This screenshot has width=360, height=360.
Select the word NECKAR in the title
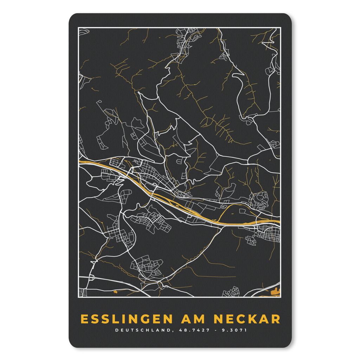(247, 319)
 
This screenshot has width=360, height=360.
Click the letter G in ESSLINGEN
(142, 319)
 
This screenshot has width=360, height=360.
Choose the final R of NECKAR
(276, 319)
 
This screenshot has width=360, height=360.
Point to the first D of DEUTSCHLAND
(116, 330)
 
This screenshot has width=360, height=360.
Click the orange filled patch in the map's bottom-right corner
(275, 291)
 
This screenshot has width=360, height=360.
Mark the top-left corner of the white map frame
(78, 28)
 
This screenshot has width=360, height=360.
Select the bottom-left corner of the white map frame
(78, 297)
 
